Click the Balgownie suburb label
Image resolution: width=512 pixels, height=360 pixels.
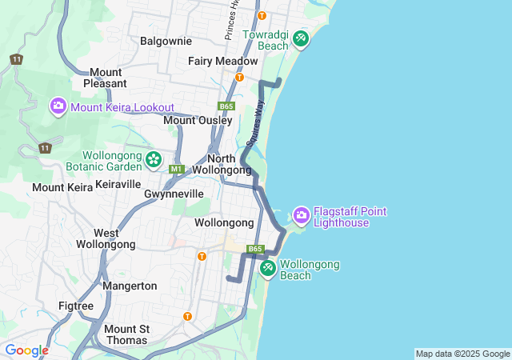point(166,40)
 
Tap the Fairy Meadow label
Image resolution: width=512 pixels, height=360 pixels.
point(223,61)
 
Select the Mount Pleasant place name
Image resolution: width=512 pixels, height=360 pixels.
point(106,78)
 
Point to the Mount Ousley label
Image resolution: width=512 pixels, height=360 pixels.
point(198,120)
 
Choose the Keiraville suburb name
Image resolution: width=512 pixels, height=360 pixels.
point(118,184)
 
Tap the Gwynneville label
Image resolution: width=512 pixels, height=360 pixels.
point(174,194)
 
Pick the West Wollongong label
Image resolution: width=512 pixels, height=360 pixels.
point(106,238)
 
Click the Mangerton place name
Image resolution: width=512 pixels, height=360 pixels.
point(130,286)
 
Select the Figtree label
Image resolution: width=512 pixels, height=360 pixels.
point(76,306)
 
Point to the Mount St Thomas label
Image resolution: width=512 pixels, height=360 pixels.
point(126,334)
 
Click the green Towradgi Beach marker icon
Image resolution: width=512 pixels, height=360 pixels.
point(301,38)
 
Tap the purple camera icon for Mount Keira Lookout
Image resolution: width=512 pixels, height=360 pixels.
point(58,106)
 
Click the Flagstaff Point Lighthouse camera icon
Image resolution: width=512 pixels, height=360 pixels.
point(301,214)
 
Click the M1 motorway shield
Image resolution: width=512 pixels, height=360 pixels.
point(177,169)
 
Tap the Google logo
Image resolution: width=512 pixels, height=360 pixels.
point(26,350)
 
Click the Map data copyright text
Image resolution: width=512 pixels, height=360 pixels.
point(462,354)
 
